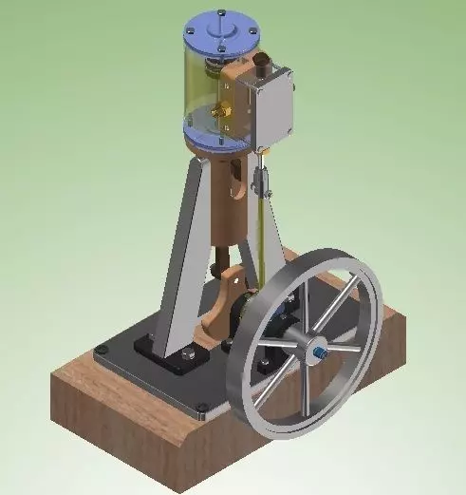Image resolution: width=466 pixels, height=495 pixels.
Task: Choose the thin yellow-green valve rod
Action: coord(258,247)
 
